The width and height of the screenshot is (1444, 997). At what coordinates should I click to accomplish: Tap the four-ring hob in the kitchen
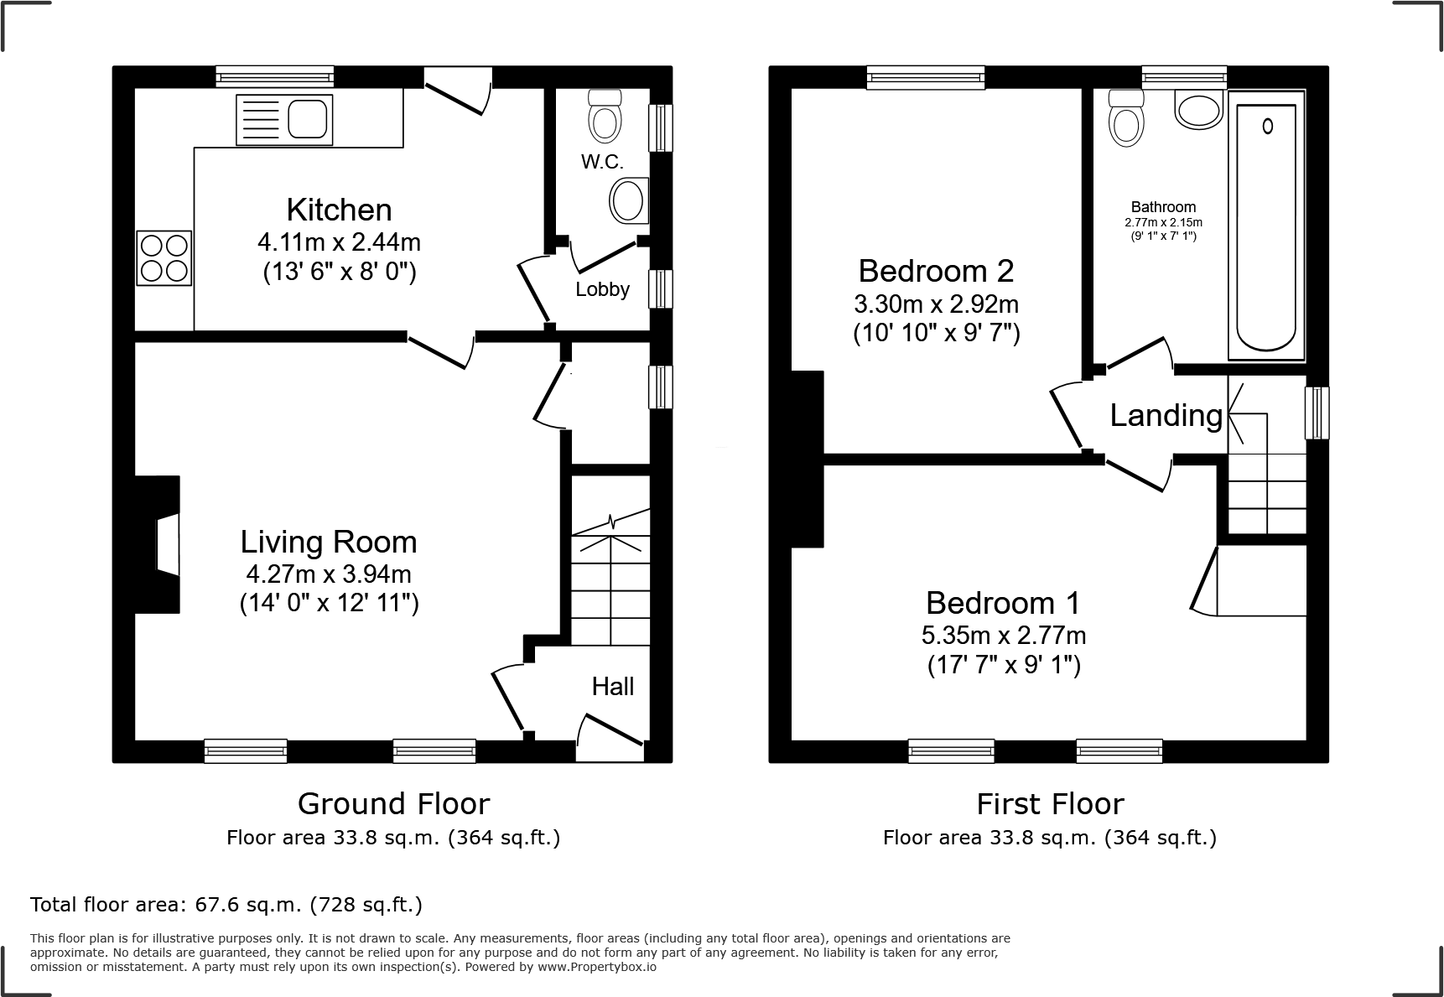(x=164, y=258)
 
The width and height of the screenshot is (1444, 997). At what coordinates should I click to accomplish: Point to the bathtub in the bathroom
(x=1266, y=226)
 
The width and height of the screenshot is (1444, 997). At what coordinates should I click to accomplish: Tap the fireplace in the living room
(x=164, y=545)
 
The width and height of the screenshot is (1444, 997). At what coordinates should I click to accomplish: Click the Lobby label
(x=602, y=290)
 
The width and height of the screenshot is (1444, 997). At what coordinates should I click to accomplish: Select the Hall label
(x=612, y=687)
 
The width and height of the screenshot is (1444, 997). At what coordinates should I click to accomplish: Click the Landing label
(x=1166, y=415)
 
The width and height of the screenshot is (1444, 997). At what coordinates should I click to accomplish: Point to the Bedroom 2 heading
(x=936, y=271)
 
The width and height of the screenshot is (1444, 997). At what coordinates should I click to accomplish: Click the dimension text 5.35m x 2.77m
(x=1003, y=635)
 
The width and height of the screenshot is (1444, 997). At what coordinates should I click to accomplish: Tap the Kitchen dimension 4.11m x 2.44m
(x=339, y=242)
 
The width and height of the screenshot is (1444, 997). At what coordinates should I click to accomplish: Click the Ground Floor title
(x=393, y=804)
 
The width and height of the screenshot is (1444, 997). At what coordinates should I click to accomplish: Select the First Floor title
(x=1049, y=804)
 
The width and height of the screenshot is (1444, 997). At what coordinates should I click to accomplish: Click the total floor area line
(x=226, y=905)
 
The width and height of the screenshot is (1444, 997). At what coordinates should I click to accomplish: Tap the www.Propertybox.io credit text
(x=596, y=967)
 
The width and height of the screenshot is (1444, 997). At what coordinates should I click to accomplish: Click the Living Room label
(x=328, y=542)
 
